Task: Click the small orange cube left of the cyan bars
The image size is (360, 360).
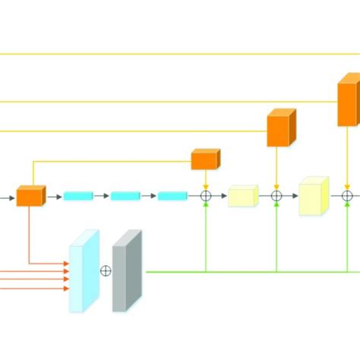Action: pos(31,196)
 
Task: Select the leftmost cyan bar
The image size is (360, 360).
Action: pos(78,196)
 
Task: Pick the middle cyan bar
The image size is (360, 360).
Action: pos(125,196)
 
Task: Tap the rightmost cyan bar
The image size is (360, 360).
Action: pos(172,196)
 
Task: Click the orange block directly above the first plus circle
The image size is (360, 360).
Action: pos(205,159)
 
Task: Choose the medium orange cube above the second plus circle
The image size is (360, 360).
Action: pos(280,128)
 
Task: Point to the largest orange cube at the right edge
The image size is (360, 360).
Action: pos(349,99)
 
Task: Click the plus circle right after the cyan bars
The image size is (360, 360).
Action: pos(205,196)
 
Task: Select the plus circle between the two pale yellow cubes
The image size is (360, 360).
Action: pos(276,196)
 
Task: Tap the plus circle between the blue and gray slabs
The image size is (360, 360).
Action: pos(106,270)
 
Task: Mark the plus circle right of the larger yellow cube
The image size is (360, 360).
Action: pos(347,196)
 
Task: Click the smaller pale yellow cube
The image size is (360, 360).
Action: pos(243,196)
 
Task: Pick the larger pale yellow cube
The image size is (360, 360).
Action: pos(313,196)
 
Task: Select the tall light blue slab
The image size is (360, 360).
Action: pos(84,270)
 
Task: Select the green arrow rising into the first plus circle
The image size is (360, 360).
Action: pos(205,228)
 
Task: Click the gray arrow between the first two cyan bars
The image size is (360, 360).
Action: pos(102,196)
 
